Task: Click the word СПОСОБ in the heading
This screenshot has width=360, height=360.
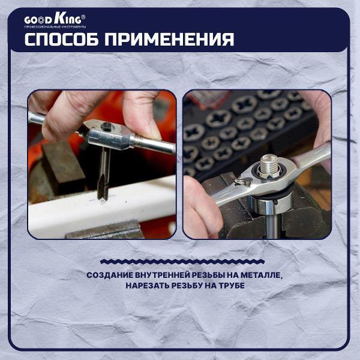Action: click(x=62, y=40)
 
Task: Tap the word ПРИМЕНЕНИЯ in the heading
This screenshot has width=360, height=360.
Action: click(x=169, y=40)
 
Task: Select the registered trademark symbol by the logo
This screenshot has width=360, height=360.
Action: click(x=83, y=17)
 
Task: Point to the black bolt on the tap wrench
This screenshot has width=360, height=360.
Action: click(x=107, y=126)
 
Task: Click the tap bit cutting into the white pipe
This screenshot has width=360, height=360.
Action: click(x=103, y=175)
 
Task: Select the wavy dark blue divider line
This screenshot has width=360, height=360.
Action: click(x=182, y=261)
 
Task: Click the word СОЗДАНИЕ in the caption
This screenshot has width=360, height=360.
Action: click(x=110, y=275)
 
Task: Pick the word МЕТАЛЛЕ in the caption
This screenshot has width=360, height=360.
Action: click(x=261, y=275)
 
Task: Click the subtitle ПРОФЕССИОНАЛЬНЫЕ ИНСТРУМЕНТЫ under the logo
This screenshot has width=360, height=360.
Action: click(x=55, y=27)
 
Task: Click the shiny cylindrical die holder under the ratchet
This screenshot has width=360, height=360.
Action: click(x=271, y=202)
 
